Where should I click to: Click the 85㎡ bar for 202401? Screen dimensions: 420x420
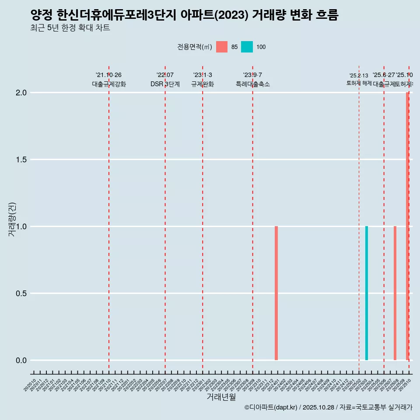coord(276,293)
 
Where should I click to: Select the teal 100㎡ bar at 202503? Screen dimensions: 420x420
coord(367,293)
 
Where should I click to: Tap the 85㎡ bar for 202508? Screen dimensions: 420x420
coord(395,293)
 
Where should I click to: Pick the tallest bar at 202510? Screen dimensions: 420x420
coord(407,226)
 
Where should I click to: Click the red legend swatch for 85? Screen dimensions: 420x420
coord(222,47)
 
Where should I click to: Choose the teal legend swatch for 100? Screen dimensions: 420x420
coord(247,47)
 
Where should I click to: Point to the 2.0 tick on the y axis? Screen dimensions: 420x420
coord(22,93)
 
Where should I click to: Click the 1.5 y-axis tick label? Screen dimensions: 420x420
coord(22,160)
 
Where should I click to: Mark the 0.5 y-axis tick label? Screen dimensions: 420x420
coord(22,294)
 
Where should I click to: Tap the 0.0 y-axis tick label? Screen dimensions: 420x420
coord(22,360)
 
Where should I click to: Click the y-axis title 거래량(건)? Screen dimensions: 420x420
coord(12,219)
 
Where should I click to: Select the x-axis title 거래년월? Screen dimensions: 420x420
coord(221,397)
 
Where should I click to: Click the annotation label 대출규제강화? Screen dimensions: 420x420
coord(109,84)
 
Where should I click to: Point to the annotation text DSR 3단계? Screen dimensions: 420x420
coord(165,84)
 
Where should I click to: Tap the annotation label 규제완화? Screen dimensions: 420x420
coord(203,84)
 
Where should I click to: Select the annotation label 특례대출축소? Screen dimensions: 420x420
coord(253,84)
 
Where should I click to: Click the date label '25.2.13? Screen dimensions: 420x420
coord(359,76)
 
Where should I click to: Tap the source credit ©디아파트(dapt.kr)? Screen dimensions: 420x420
coord(271,407)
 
